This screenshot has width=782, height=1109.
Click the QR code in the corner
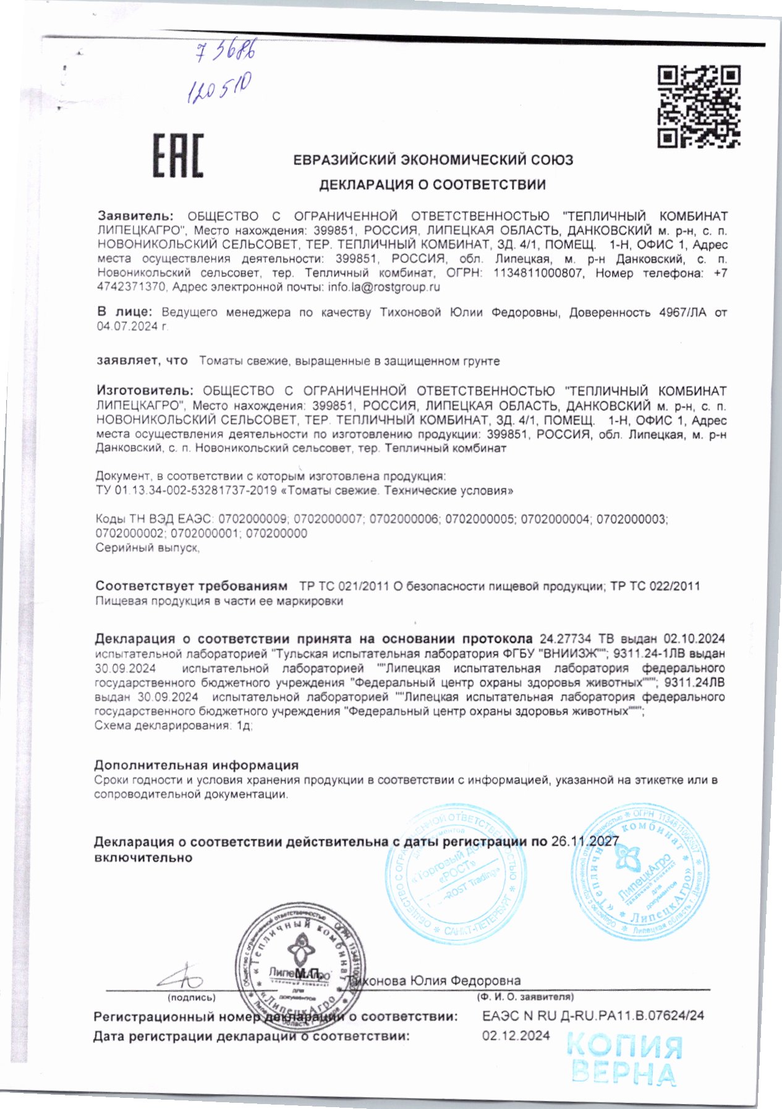tap(699, 106)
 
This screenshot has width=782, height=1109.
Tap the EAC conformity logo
tap(178, 156)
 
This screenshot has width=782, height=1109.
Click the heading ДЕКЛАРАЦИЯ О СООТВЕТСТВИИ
tap(432, 185)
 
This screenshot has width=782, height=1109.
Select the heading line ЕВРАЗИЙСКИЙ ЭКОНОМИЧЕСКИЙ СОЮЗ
tap(433, 160)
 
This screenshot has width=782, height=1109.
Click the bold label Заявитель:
tap(136, 216)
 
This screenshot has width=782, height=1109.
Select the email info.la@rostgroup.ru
tap(384, 287)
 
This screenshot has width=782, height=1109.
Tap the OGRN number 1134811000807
tap(538, 273)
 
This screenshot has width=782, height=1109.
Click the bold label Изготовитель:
tap(145, 391)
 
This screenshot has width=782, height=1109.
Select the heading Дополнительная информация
tap(196, 765)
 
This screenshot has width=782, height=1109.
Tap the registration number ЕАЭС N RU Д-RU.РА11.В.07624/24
tap(592, 1016)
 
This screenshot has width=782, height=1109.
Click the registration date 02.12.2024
tap(516, 1035)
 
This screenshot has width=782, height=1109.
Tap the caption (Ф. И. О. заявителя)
tap(525, 996)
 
